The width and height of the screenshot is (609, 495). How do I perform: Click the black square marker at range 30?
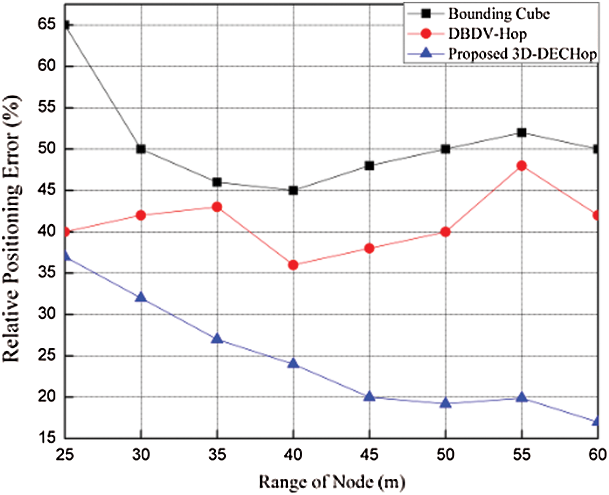coord(141,149)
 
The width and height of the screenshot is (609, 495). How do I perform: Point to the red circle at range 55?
coord(522,166)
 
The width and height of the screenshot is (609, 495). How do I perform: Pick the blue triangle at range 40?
coord(293,363)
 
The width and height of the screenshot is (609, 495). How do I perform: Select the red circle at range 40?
coord(293,265)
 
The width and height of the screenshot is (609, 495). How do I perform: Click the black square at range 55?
coord(522,132)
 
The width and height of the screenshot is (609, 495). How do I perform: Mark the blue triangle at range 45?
coord(370,396)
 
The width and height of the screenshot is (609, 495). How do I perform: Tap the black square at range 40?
coord(293,190)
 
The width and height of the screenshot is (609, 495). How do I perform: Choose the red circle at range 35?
coord(217,207)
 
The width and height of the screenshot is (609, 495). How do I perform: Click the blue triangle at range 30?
coord(141,297)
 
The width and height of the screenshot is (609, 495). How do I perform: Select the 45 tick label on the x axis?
coord(370,454)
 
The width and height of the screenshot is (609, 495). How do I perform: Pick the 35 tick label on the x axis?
coord(217,454)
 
